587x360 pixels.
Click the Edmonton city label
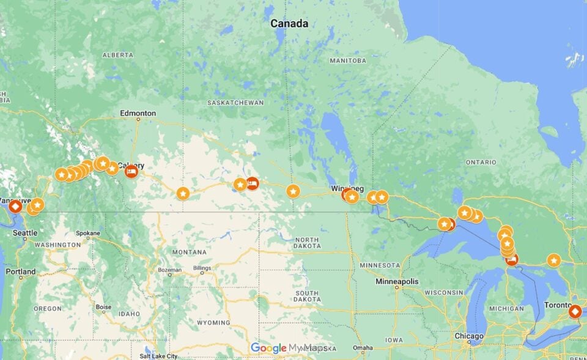point(138,113)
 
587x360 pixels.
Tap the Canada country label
point(289,24)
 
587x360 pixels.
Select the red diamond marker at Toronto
point(574,311)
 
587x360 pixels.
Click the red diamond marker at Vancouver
point(15,206)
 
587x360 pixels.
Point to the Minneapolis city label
point(397,281)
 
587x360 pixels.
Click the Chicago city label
point(469,336)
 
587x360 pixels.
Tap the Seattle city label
point(25,233)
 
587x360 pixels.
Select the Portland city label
point(21,271)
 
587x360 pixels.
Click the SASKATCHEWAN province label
point(235,103)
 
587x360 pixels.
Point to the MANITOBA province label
point(347,61)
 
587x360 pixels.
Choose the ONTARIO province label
point(481,162)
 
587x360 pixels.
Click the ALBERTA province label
point(117,54)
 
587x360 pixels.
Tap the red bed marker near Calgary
point(131,172)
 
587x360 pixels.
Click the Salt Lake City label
point(158,356)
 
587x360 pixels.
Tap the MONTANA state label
point(189,252)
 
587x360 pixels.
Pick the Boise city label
point(103,307)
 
